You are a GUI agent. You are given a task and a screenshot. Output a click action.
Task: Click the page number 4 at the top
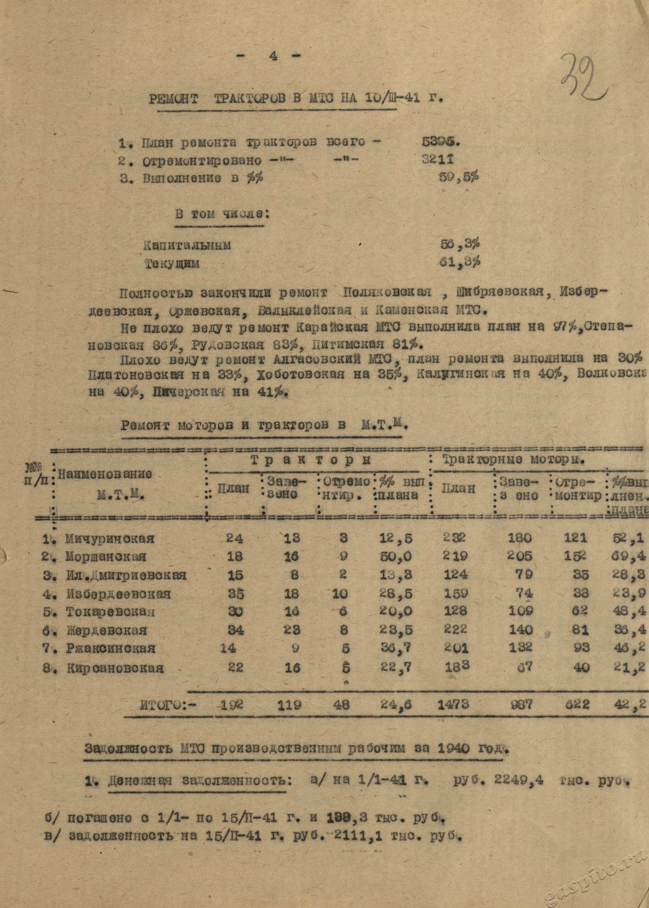pos(273,56)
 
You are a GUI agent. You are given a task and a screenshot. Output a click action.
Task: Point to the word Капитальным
pos(187,245)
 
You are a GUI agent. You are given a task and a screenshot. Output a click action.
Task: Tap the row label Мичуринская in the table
pos(110,538)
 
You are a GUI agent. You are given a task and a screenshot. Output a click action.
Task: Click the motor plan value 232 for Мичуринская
pos(454,537)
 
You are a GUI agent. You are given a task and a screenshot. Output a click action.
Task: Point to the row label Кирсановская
pos(114,668)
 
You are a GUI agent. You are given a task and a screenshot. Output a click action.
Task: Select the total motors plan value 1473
pos(454,704)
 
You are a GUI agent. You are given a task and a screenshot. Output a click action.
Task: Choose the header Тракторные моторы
pos(514,460)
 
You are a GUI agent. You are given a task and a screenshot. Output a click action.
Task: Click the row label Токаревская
pos(110,612)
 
